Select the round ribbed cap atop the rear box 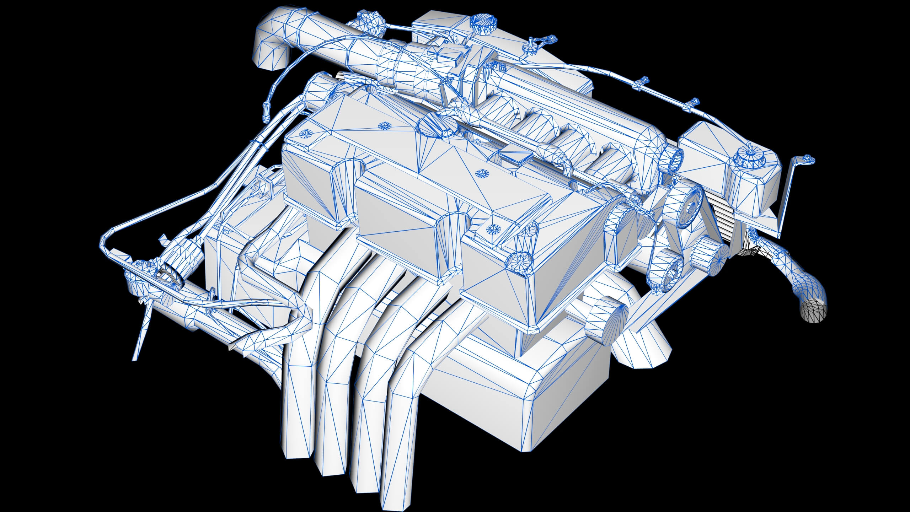tap(483, 22)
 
